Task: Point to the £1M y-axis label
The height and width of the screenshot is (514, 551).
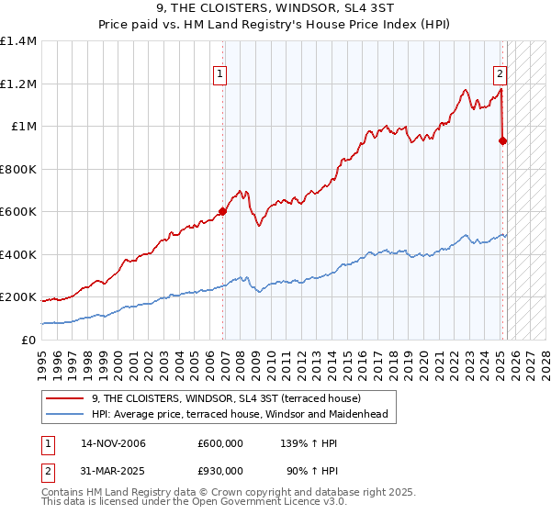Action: click(x=24, y=127)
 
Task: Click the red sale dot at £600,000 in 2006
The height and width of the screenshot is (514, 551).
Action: click(x=222, y=212)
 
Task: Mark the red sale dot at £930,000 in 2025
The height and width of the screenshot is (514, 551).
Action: click(x=503, y=141)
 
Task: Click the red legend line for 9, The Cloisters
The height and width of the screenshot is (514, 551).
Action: click(x=64, y=398)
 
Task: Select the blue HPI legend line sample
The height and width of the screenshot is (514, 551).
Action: click(x=64, y=414)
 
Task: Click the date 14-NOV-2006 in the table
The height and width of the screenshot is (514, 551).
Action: click(x=113, y=443)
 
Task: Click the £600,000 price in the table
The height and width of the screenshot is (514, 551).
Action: click(x=220, y=443)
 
